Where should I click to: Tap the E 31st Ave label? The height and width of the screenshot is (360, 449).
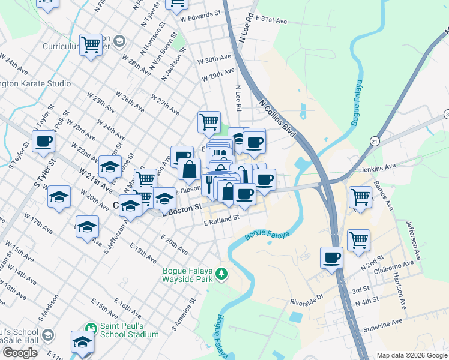coord(271,20)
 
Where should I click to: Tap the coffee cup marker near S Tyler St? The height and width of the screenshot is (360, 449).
coord(44,143)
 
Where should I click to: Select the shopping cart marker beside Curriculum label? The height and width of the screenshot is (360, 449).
coord(91,44)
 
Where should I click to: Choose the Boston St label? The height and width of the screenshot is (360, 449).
coord(184,209)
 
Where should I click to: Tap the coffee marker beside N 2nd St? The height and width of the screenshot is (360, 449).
coord(331,258)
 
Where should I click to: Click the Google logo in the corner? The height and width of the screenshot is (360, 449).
coord(20,353)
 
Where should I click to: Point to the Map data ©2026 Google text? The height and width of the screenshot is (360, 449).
coord(412,355)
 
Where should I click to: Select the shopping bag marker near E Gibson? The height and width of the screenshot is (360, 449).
coord(190,169)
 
